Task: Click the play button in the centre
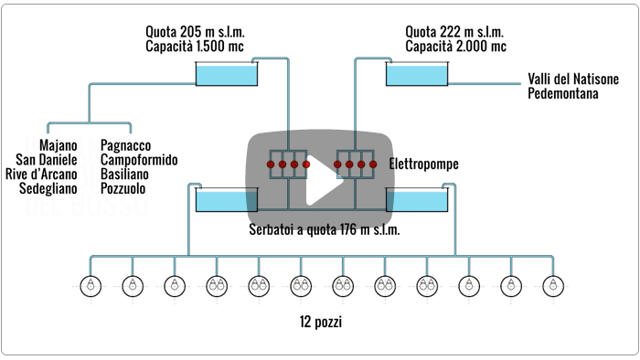click(x=320, y=179)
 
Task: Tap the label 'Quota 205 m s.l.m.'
click(x=195, y=32)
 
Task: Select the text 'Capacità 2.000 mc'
click(x=455, y=47)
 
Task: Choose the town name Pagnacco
click(x=126, y=145)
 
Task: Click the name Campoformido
click(x=139, y=160)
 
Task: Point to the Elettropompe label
click(x=423, y=165)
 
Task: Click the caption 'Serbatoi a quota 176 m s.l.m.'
click(x=325, y=229)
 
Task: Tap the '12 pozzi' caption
click(x=320, y=322)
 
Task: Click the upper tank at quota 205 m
click(x=227, y=73)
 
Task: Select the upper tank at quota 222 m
click(x=416, y=73)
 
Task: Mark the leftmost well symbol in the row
click(x=91, y=285)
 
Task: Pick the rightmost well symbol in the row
click(x=549, y=285)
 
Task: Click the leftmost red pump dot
click(x=271, y=164)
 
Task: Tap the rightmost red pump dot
click(x=372, y=164)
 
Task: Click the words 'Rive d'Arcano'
click(x=41, y=175)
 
